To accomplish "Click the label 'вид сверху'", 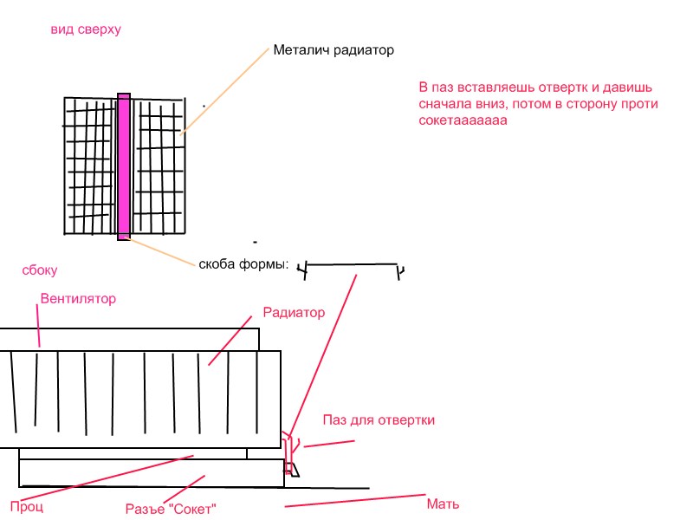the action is (86, 29).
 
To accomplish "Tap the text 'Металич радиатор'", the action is (334, 50).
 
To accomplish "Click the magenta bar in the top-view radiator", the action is (124, 166).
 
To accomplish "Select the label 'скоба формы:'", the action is (243, 264).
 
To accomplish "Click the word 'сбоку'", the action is (40, 270).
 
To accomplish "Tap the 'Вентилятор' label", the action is (78, 298).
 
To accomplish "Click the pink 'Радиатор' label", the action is (294, 313).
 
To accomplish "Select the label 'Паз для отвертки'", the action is (379, 420).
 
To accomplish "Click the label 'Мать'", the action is (443, 504).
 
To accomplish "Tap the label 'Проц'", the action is (27, 507).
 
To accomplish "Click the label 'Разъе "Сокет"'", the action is (171, 509).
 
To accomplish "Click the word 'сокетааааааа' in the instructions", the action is (463, 120).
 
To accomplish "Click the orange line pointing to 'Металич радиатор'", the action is (225, 91).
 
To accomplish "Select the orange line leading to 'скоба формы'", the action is (159, 251).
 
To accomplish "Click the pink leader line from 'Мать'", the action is (355, 501).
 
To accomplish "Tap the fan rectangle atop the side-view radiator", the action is (129, 340).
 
